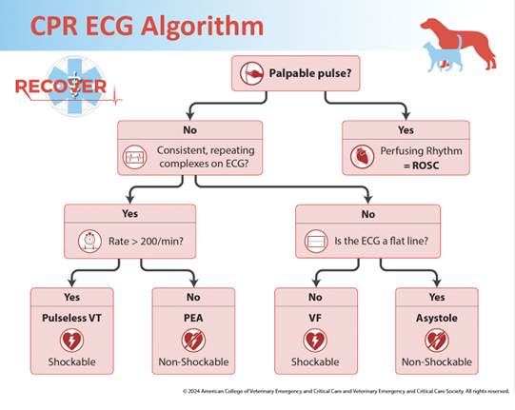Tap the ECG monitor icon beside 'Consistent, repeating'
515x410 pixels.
tap(135, 157)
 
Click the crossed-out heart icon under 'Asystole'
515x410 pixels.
tap(436, 340)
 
